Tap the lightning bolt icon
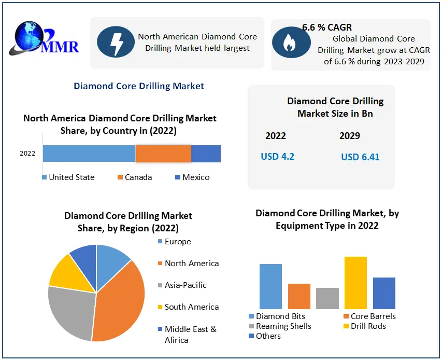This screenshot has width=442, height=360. (115, 43)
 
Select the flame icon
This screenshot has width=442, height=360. (289, 44)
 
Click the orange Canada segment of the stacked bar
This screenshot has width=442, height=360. (163, 154)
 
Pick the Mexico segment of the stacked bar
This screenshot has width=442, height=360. (206, 154)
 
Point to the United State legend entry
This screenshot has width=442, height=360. (68, 177)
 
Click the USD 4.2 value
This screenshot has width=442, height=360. (278, 156)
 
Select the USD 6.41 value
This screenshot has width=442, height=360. (360, 157)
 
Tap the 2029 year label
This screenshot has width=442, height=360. (350, 136)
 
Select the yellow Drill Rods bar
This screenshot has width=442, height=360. (355, 283)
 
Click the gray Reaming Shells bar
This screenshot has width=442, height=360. (327, 298)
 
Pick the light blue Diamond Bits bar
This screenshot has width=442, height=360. (270, 286)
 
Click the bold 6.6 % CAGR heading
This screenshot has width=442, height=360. (327, 27)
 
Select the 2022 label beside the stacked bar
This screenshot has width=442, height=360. (27, 154)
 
